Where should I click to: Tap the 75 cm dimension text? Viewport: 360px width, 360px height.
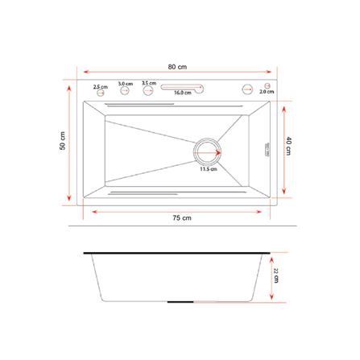[181, 218]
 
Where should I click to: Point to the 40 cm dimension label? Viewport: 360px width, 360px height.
[288, 146]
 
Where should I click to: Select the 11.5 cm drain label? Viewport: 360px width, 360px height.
[209, 170]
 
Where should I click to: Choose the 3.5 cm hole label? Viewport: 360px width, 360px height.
[148, 82]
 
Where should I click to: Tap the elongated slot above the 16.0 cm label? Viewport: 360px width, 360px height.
[183, 87]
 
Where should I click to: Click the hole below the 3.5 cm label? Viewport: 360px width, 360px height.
[148, 91]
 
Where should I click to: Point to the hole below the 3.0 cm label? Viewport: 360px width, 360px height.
[125, 91]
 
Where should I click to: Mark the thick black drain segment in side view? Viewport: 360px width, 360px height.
[180, 301]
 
